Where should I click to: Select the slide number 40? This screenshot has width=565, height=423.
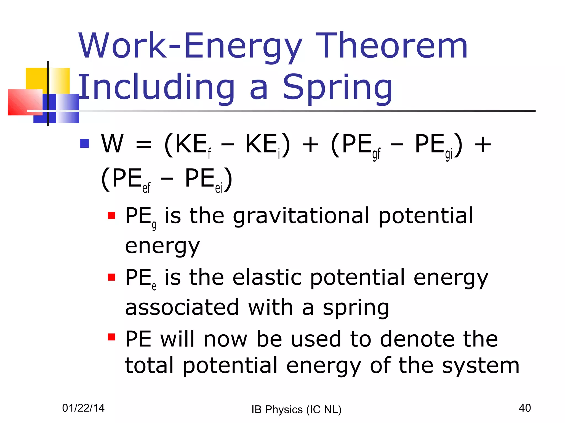coord(524,408)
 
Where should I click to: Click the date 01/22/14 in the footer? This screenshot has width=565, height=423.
coord(83,408)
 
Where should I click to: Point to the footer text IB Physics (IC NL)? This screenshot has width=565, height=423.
coord(296,410)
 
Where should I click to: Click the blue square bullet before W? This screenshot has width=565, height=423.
coord(84,143)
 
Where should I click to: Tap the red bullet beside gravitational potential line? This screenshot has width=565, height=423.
coord(111,215)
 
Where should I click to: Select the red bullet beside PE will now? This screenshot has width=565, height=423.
coord(111,337)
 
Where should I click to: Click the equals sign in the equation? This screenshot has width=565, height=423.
coord(144,145)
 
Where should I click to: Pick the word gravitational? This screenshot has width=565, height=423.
coord(301,216)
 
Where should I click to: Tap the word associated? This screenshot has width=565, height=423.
coord(182,308)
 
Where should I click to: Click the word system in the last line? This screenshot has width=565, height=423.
coord(480,366)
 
